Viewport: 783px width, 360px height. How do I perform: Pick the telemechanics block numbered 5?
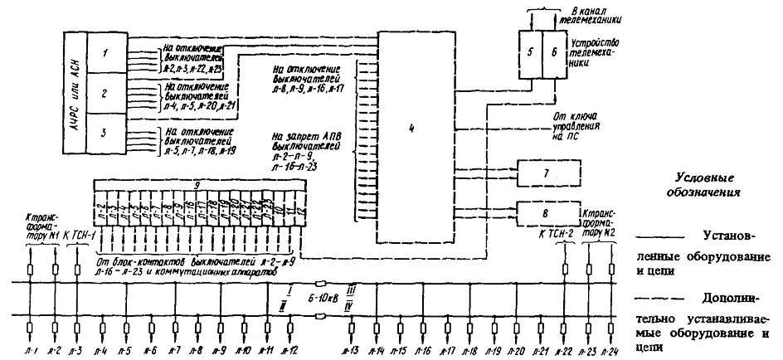click(528, 51)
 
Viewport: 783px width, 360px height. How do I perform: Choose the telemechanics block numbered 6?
click(552, 51)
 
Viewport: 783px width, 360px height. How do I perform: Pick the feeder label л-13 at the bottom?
click(351, 352)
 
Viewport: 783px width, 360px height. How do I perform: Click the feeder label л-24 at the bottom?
click(612, 352)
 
